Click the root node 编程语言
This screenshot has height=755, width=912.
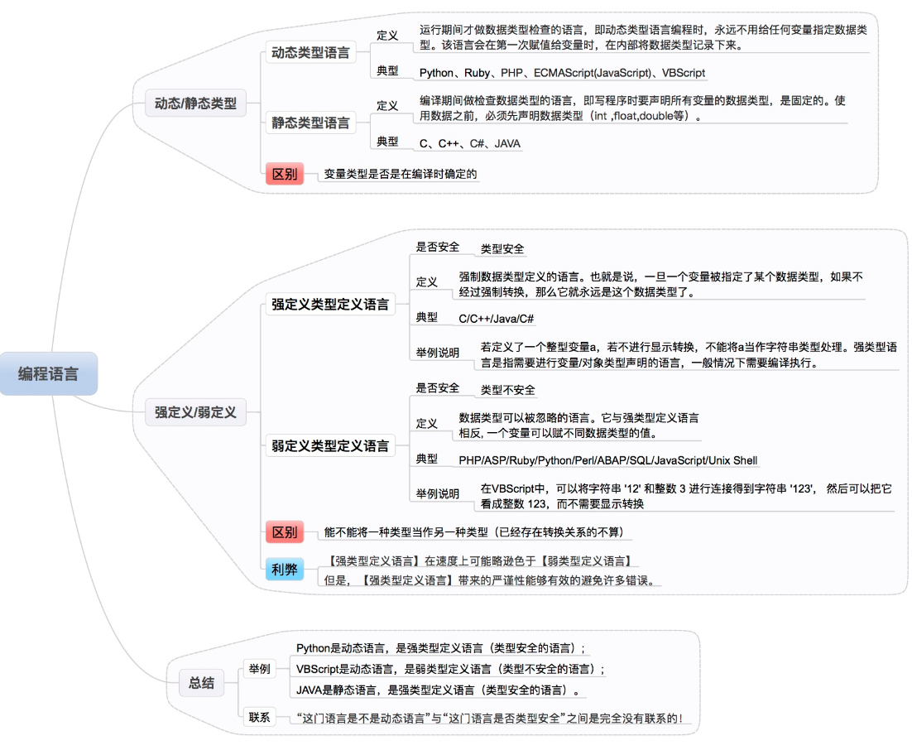pos(49,374)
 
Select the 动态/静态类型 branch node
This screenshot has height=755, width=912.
pos(195,104)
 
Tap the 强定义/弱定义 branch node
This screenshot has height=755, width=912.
pos(195,411)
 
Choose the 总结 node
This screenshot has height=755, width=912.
pos(201,683)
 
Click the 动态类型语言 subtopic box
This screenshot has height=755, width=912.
pos(310,53)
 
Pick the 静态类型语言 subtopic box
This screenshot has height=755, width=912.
pos(310,123)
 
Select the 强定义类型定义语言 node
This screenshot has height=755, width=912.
pos(330,304)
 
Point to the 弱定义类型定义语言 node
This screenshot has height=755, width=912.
pos(330,445)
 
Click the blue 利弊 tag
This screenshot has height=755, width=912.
pos(284,570)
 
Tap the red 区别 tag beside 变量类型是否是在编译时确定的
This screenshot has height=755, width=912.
pos(284,175)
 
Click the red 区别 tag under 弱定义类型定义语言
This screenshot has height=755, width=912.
pos(284,532)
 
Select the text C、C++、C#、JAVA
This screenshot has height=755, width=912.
pos(470,144)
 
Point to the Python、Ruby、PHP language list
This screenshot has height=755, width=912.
pos(562,73)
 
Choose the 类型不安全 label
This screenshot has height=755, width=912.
pos(508,390)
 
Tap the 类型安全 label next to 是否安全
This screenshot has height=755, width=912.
pos(502,248)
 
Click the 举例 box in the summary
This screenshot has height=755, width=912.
pos(259,669)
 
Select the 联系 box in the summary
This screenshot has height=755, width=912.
pos(259,717)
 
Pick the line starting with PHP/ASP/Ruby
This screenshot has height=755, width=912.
pos(608,460)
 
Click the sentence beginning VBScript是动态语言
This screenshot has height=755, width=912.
pos(450,669)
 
